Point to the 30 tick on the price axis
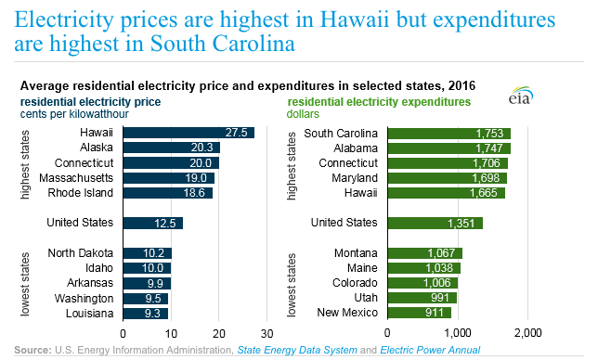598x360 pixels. [266, 332]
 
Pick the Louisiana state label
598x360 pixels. [89, 313]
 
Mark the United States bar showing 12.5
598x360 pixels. [153, 223]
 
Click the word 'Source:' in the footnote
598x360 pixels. [33, 350]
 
